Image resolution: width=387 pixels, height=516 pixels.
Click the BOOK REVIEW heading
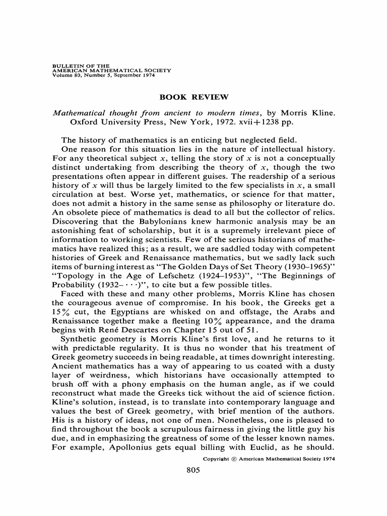pyautogui.click(x=193, y=97)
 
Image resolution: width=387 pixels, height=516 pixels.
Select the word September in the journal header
pyautogui.click(x=112, y=75)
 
